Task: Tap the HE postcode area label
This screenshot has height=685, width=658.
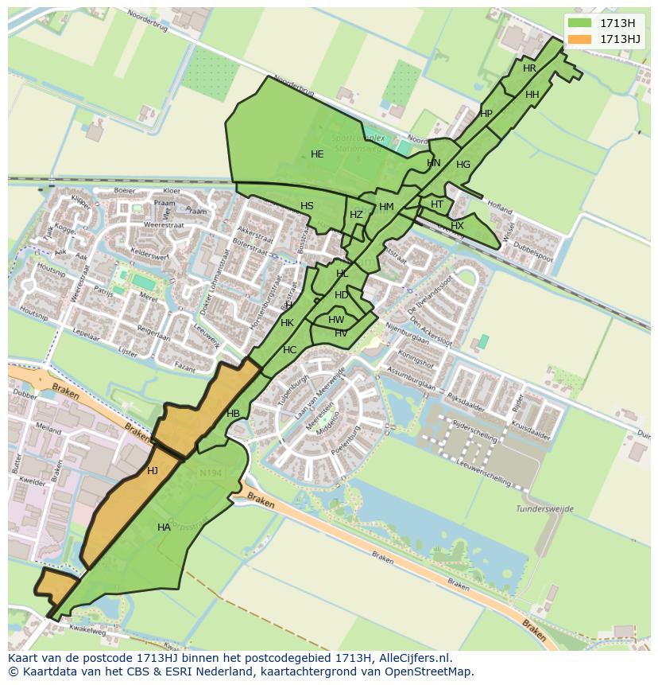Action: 317,154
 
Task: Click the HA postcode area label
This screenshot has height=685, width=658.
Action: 164,527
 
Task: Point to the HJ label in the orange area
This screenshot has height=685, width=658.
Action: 153,471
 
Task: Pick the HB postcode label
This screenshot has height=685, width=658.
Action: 233,414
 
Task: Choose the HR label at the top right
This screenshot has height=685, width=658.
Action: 529,68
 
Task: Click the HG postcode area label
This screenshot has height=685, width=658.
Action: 463,165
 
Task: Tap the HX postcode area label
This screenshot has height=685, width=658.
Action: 457,226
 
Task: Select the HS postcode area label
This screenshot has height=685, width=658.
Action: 307,206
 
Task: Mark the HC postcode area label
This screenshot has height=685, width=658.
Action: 289,350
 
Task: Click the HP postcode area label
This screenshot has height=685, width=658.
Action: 486,114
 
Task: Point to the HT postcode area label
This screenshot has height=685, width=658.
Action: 437,204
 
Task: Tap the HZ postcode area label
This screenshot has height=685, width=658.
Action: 356,215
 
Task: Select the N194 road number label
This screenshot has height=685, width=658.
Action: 210,474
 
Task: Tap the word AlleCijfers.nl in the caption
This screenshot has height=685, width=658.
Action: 413,658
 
